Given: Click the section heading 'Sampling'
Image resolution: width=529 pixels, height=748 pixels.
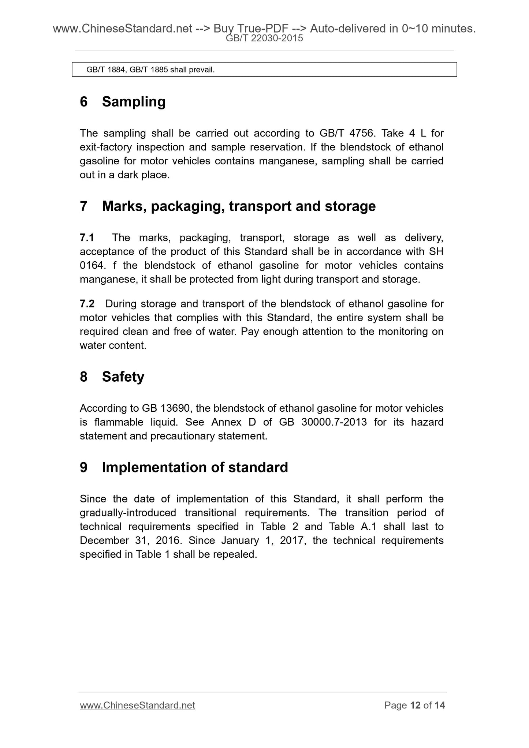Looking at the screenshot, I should click(134, 102).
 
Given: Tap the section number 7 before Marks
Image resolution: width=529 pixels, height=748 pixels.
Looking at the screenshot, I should click(84, 206).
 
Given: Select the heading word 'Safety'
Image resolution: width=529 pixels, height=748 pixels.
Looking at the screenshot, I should click(123, 377).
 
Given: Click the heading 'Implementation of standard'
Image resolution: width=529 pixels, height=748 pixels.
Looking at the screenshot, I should click(195, 468).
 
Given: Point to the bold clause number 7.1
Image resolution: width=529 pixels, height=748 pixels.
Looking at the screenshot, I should click(87, 238).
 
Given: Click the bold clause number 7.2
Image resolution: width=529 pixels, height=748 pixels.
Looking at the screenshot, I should click(87, 304).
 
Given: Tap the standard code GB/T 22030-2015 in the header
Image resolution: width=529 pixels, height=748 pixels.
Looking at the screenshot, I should click(264, 38).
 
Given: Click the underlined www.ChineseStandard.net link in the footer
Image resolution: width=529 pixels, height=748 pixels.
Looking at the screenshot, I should click(137, 705).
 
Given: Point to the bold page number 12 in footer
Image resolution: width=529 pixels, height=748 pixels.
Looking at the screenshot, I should click(415, 705).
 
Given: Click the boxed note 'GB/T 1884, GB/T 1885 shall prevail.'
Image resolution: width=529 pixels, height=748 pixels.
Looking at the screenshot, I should click(150, 70).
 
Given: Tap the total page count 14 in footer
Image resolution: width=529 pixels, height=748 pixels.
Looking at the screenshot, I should click(440, 705).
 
